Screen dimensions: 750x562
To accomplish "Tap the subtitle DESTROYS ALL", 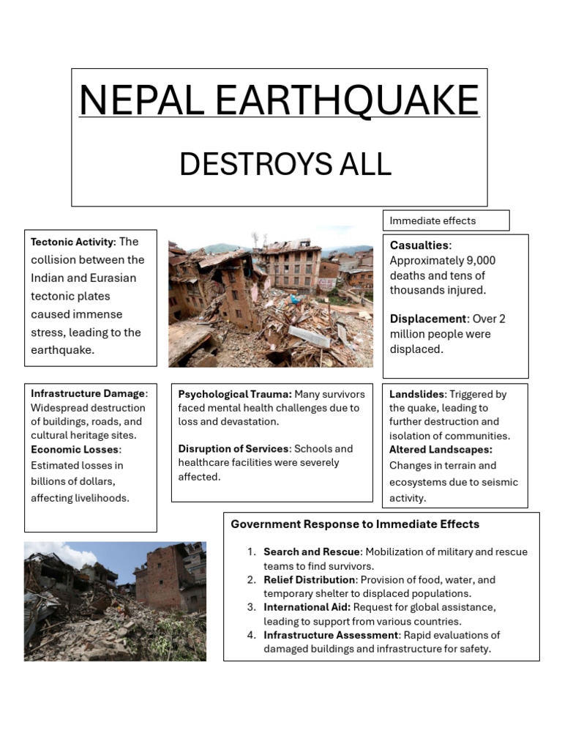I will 285,165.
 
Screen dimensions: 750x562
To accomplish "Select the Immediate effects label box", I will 446,220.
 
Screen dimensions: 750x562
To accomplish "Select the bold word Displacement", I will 428,319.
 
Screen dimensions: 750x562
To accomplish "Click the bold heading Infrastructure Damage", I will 88,394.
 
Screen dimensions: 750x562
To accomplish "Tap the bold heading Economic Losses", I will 75,450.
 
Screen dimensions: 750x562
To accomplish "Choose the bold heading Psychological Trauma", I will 235,394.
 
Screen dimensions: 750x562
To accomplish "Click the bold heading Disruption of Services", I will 234,449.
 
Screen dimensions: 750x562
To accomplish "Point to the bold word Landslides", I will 416,394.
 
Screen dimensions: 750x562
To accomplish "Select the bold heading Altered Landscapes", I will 441,450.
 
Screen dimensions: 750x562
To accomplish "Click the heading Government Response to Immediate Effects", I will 355,524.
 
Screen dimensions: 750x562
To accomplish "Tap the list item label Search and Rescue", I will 312,552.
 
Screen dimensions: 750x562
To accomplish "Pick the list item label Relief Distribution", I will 310,580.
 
